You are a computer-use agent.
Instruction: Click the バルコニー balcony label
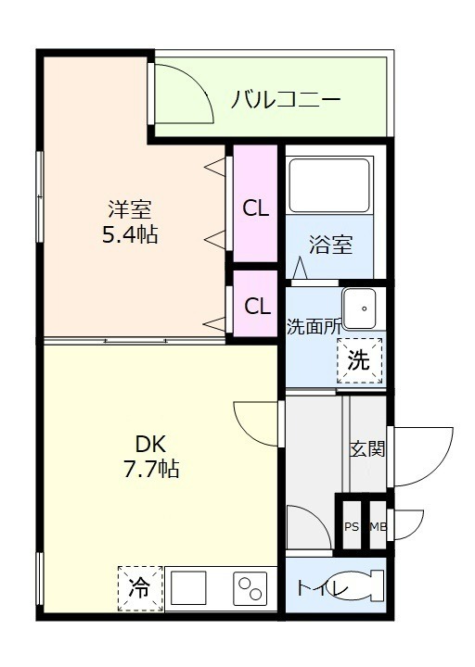pos(286,99)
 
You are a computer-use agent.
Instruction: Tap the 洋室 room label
pos(129,209)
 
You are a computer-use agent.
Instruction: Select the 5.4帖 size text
pos(130,234)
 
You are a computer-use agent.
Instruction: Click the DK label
pos(150,445)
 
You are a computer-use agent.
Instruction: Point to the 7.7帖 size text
pos(151,469)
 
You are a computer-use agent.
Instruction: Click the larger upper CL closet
pos(256,204)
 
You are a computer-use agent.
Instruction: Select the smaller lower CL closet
pos(256,304)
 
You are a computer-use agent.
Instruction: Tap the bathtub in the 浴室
pos(329,184)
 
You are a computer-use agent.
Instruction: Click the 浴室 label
pos(330,245)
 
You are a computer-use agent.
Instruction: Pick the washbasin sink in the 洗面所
pos(360,308)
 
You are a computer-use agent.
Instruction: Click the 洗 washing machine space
pos(359,361)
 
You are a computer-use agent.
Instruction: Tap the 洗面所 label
pos(314,327)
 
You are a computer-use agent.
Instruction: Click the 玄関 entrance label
pos(367,448)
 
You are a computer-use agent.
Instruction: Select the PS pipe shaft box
pos(352,526)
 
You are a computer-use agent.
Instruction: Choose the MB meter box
pos(378,526)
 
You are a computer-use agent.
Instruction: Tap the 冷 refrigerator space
pos(140,589)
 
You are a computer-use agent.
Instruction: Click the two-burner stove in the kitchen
pos(250,588)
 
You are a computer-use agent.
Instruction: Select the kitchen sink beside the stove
pos(188,588)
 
